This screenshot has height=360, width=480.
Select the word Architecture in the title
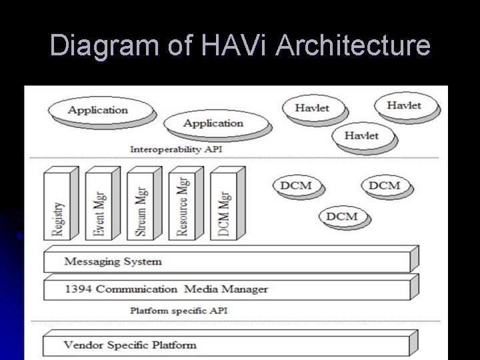(x=353, y=47)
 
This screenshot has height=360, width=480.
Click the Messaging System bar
(x=227, y=261)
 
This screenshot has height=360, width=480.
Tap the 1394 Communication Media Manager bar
(x=227, y=289)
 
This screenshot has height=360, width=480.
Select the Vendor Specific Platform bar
(x=227, y=345)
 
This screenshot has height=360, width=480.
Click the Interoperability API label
(x=175, y=149)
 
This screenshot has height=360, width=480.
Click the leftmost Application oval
(x=97, y=110)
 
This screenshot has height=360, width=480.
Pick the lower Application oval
(x=213, y=123)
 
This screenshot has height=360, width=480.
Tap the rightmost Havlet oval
(x=404, y=105)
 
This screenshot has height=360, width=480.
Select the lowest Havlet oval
(x=361, y=135)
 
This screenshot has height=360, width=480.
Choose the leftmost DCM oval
(x=296, y=185)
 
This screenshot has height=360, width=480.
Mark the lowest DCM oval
(x=341, y=216)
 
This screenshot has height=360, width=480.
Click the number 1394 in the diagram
(x=80, y=289)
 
